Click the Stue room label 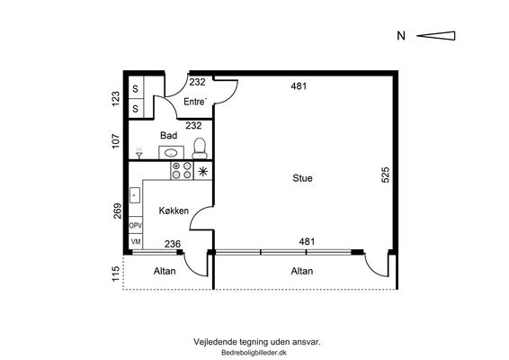302,178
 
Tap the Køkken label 174,211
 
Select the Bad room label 169,135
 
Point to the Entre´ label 195,102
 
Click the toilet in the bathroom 200,148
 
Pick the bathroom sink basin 171,152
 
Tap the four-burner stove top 182,170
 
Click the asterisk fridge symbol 203,171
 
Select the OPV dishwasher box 136,225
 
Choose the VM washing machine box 136,241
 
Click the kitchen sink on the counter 135,195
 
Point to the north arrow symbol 436,36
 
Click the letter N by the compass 401,36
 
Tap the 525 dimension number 385,175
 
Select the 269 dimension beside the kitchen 117,211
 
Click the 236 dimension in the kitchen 173,244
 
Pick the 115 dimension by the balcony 116,274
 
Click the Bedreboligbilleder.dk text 254,353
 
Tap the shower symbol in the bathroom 139,154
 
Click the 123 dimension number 116,98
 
